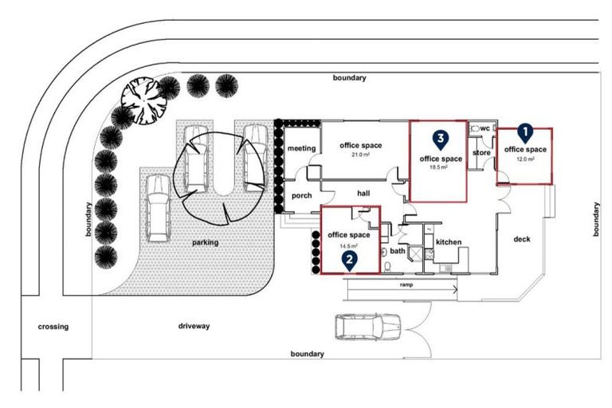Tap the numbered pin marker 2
coord(348,258)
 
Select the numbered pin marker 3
coord(439,139)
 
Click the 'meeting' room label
coord(302,148)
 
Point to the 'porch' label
coord(302,195)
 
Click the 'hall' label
coord(363,193)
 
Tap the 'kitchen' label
coord(449,241)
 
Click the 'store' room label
coord(481,152)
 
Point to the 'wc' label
coord(484,128)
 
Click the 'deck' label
coord(522,239)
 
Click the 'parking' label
coord(204,242)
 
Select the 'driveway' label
coord(194,326)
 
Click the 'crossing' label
coord(53,326)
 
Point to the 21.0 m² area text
coord(360,155)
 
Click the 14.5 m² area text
coord(349,245)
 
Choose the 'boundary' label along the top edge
coord(350,78)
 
